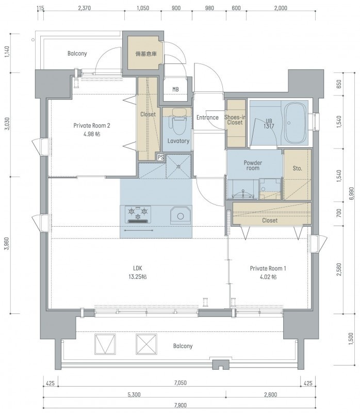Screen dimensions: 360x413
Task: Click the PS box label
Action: coord(160,157)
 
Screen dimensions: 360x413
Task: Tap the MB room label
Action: coord(175,89)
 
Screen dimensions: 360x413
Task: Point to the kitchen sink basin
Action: coord(181,215)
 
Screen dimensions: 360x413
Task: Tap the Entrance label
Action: coord(207,118)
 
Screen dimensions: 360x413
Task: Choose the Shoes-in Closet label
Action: coord(235,120)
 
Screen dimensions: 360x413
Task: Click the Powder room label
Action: coord(253,165)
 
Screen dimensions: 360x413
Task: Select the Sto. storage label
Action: coord(298,168)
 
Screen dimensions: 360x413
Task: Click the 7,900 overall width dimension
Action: coord(181,405)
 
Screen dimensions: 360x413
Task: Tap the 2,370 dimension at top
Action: coord(85,8)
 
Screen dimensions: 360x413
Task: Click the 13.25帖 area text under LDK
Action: coord(137,277)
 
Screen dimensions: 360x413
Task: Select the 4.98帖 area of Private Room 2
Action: coord(92,134)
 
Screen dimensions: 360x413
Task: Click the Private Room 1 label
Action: coord(268,268)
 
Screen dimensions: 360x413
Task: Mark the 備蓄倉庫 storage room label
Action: coord(146,54)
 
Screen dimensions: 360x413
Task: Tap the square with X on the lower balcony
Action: coord(146,344)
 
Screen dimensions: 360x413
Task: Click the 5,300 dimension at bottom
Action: coord(134,394)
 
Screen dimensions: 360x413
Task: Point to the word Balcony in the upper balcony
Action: coord(77,54)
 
